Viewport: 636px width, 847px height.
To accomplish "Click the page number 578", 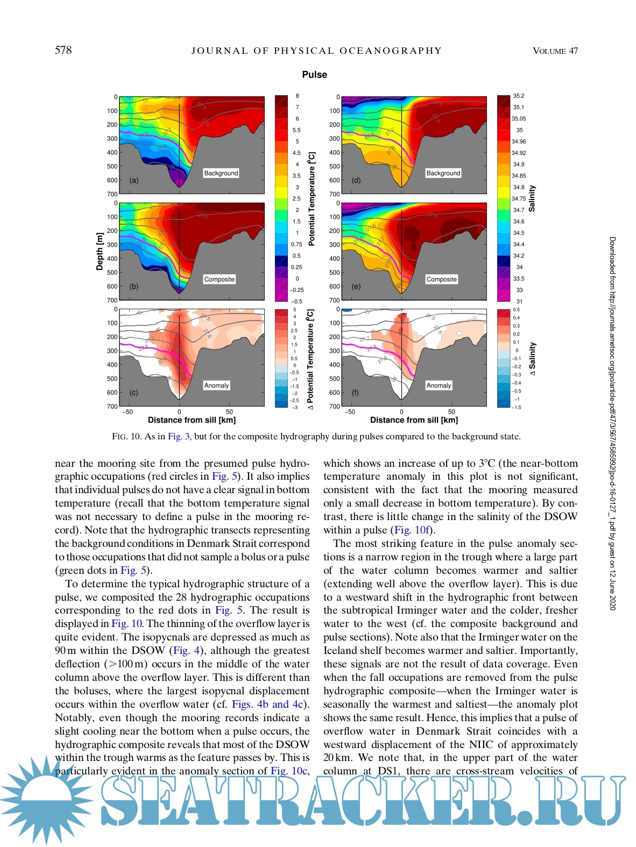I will pyautogui.click(x=63, y=51).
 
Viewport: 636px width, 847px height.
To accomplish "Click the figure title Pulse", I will pyautogui.click(x=314, y=75).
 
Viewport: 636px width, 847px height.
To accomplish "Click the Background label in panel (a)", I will pyautogui.click(x=221, y=173).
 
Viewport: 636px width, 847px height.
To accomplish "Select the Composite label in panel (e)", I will pyautogui.click(x=441, y=279).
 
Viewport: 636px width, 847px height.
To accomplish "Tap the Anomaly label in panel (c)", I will pyautogui.click(x=216, y=385).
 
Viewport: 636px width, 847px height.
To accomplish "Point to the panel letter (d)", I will pyautogui.click(x=356, y=181).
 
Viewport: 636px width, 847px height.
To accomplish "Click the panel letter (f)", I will pyautogui.click(x=355, y=393).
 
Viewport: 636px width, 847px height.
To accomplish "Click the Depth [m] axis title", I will pyautogui.click(x=100, y=251).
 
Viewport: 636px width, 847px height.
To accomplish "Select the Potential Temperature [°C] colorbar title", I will pyautogui.click(x=311, y=198).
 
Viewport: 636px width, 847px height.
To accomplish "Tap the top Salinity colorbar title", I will pyautogui.click(x=532, y=198).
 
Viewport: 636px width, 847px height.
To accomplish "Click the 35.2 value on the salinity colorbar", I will pyautogui.click(x=518, y=96).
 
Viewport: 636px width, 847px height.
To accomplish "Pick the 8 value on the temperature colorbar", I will pyautogui.click(x=297, y=96).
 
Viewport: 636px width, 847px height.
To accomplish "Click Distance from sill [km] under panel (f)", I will pyautogui.click(x=414, y=420).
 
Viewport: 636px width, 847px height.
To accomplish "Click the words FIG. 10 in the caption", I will pyautogui.click(x=126, y=437).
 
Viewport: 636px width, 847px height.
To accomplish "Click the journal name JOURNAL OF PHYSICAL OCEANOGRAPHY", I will pyautogui.click(x=316, y=51).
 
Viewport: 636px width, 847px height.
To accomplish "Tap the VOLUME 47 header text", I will pyautogui.click(x=555, y=51).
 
